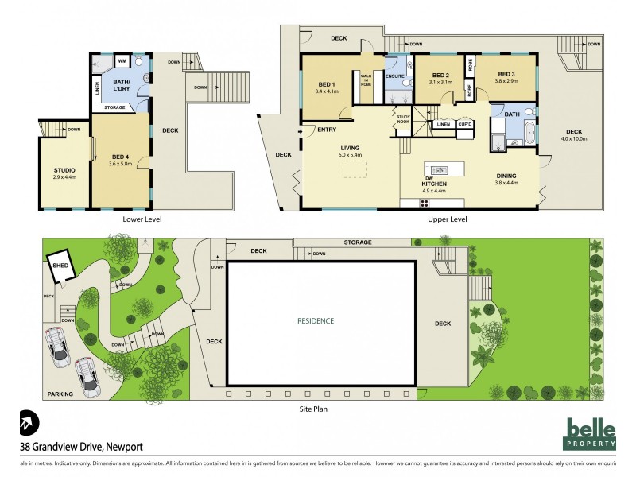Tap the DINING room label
[506, 176]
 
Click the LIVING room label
[351, 148]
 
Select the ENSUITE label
[396, 76]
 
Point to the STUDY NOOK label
[404, 119]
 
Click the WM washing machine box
[122, 60]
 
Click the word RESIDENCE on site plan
[316, 321]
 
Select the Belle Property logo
[591, 432]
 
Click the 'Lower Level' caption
[122, 219]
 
